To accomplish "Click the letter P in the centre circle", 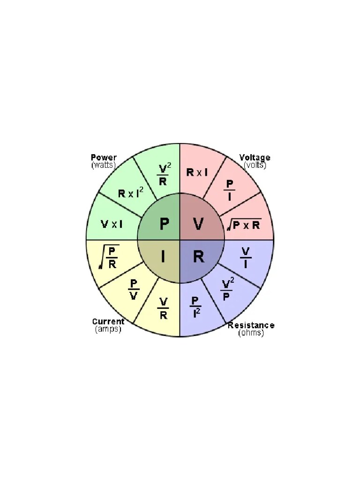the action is click(x=164, y=224).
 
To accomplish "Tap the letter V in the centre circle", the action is click(x=198, y=224).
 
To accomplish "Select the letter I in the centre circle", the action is click(x=163, y=257).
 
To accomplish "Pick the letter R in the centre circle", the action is click(x=199, y=257).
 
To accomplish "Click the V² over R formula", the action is click(x=163, y=174).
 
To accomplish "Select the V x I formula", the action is click(x=112, y=224).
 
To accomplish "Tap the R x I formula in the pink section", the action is click(x=197, y=172).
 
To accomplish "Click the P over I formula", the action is click(x=229, y=190).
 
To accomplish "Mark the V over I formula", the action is click(x=246, y=258).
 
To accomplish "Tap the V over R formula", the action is click(x=164, y=308).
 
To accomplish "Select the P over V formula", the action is click(x=134, y=290).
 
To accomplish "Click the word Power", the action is click(x=104, y=157).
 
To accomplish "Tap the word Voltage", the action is click(x=255, y=157).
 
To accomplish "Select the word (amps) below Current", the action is click(x=108, y=329).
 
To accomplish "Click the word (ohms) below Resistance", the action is click(x=251, y=333).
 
